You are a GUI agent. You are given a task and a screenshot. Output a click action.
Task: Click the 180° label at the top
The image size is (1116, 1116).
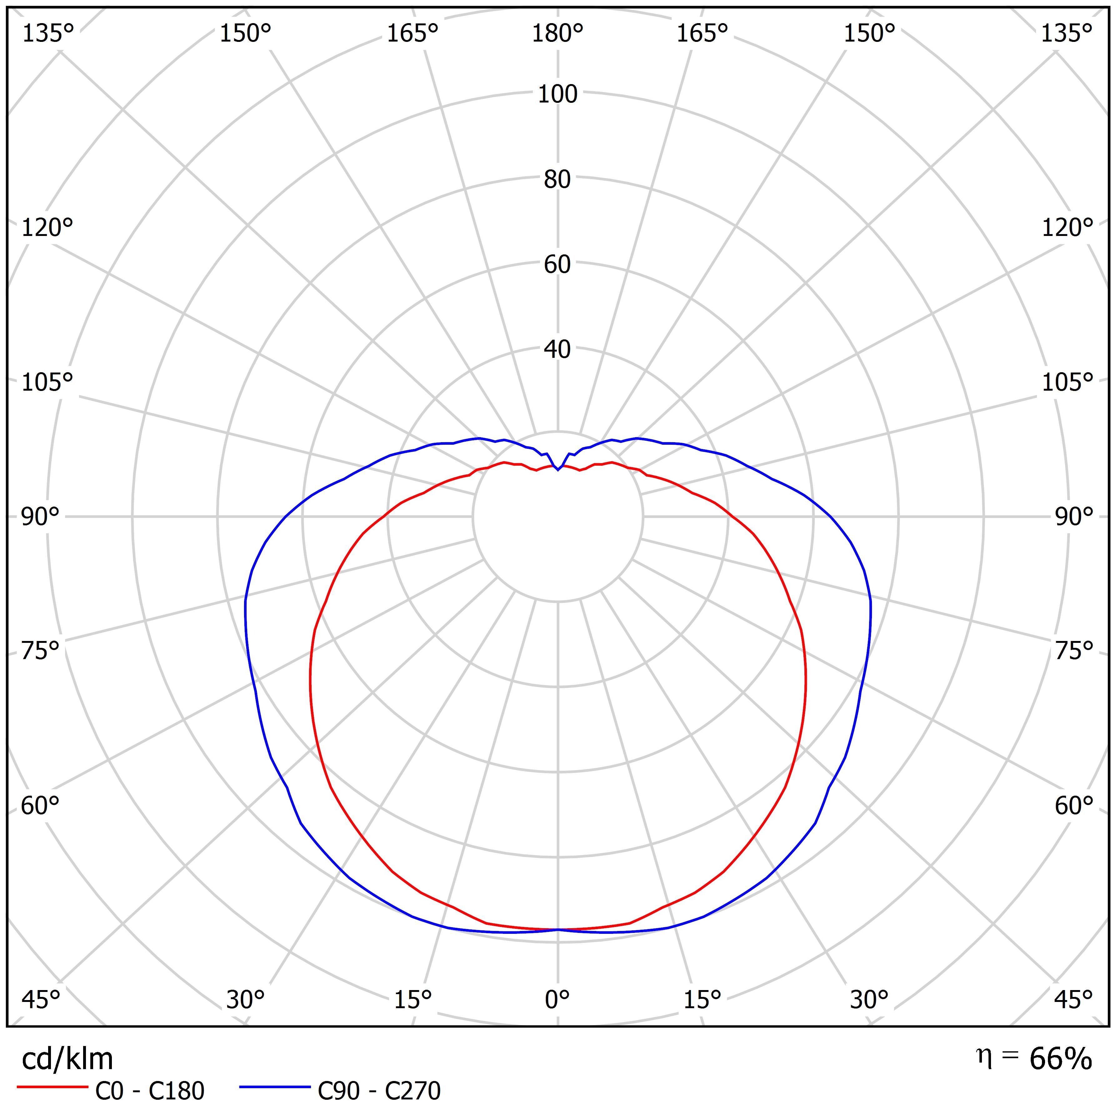558,33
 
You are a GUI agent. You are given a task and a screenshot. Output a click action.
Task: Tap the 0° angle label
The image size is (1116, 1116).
558,998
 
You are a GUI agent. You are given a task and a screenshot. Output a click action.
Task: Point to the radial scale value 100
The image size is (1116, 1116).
558,93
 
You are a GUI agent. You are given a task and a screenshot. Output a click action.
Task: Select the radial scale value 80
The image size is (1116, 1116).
558,179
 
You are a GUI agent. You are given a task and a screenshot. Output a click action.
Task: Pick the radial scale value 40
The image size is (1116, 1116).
558,349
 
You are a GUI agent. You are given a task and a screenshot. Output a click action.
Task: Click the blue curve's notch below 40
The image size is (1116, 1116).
558,470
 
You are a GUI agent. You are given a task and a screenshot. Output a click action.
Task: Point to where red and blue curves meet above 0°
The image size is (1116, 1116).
558,929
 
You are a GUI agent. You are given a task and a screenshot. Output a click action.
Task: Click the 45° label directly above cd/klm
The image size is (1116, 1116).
40,998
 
